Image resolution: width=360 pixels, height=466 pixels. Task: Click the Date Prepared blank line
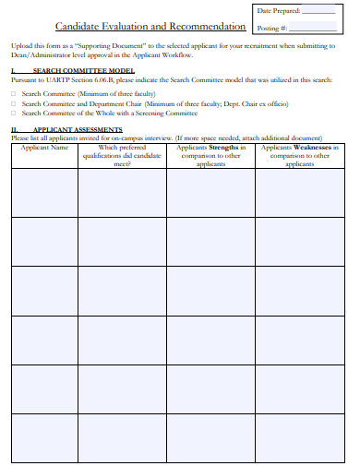319,11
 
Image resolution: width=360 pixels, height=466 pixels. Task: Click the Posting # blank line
313,28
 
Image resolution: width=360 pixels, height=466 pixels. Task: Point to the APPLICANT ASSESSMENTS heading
78,129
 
